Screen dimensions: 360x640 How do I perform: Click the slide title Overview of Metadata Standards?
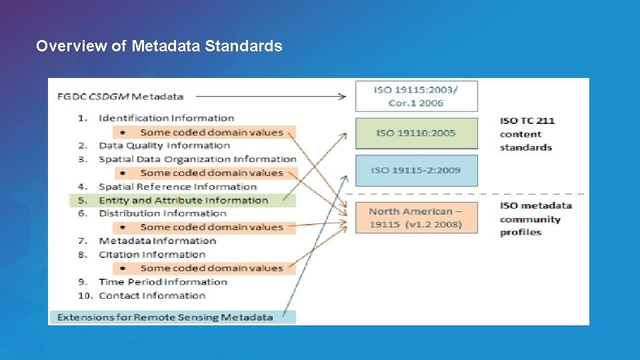[159, 46]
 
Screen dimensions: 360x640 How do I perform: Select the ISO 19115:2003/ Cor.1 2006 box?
[416, 96]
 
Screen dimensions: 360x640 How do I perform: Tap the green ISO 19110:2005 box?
[416, 133]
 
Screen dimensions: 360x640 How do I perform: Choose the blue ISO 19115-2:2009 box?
[416, 170]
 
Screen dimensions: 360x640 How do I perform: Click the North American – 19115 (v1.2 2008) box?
[416, 217]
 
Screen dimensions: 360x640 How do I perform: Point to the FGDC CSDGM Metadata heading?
[121, 96]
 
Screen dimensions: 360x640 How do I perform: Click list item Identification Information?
[166, 118]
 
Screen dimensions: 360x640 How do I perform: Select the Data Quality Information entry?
[164, 145]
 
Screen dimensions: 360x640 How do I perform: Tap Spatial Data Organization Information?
[197, 159]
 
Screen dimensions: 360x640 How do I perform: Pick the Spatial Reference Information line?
[177, 187]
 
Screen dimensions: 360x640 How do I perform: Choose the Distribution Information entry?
[163, 213]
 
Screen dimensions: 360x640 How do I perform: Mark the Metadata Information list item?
[157, 241]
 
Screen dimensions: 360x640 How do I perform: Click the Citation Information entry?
[152, 255]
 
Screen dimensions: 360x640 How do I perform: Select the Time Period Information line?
[163, 282]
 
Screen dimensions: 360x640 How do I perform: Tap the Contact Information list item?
[152, 295]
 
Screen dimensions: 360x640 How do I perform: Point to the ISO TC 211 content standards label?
[527, 133]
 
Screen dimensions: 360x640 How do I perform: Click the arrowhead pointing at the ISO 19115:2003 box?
[343, 97]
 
